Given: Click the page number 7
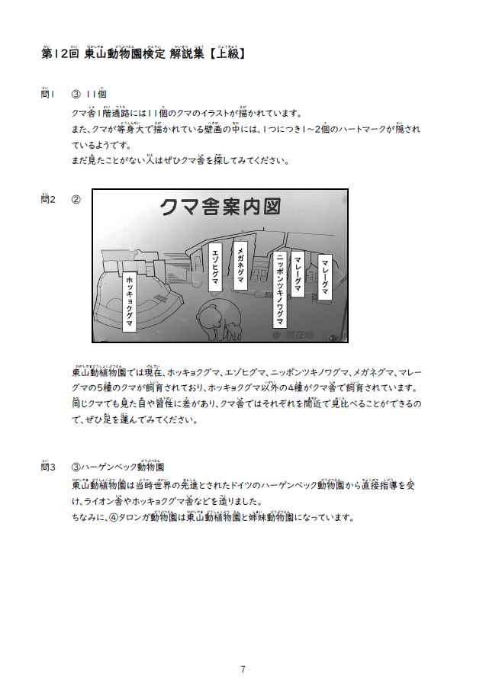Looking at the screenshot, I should (x=243, y=670).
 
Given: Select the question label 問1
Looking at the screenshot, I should (x=48, y=94).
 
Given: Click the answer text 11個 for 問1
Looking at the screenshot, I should (x=96, y=94).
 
